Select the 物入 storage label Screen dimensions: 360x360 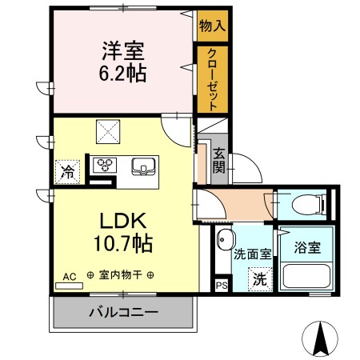(x=212, y=26)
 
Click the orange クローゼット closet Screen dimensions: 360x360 (x=212, y=79)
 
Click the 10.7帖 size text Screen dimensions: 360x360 (x=121, y=241)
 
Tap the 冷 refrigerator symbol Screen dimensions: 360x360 (x=68, y=170)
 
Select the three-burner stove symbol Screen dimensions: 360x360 (x=105, y=166)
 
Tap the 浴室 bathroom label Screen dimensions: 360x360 (x=308, y=247)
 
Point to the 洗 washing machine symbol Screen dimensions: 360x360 (x=259, y=279)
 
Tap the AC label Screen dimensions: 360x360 (x=70, y=276)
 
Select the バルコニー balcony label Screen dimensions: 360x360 (x=122, y=313)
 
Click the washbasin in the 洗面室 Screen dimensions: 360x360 (x=225, y=240)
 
